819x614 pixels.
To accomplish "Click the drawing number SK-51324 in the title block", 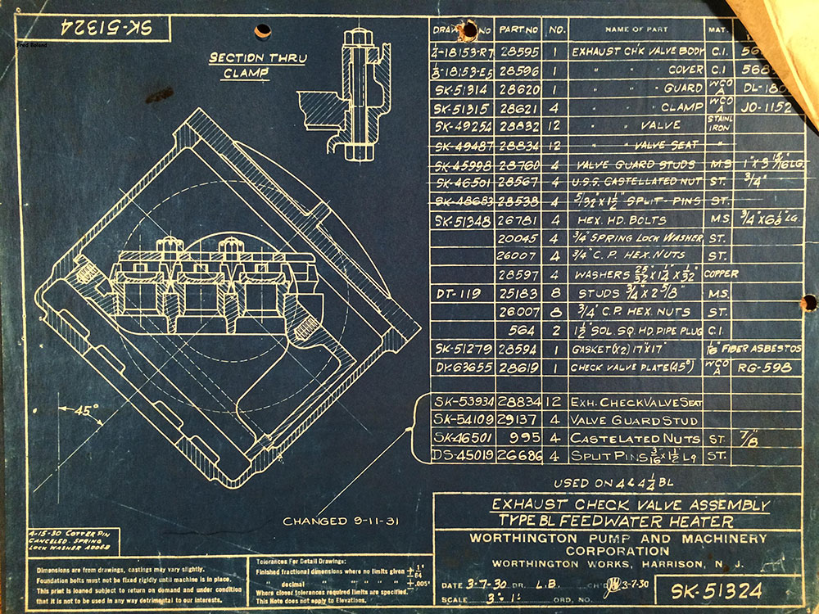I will pyautogui.click(x=717, y=590).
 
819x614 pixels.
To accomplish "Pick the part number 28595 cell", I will pyautogui.click(x=518, y=51).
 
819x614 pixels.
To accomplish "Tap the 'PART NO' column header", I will pyautogui.click(x=518, y=30).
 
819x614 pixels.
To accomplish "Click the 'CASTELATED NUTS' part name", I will pyautogui.click(x=624, y=439).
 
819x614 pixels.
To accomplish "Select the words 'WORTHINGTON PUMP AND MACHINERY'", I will pyautogui.click(x=618, y=538).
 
